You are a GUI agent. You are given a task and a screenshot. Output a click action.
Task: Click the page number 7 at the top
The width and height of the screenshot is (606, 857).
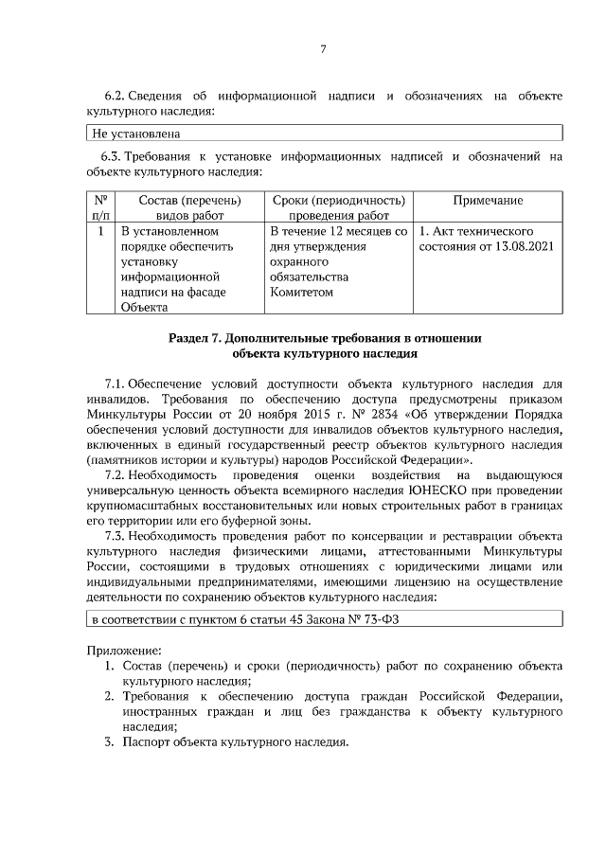tap(322, 49)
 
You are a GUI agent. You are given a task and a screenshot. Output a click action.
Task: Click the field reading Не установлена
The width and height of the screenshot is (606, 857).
tap(128, 134)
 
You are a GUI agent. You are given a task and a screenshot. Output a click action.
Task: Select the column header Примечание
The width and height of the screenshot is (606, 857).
tap(488, 201)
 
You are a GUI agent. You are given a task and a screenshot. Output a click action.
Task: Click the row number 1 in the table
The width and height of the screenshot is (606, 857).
tap(100, 231)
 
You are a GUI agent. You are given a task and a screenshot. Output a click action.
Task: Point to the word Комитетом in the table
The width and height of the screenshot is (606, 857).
tap(301, 293)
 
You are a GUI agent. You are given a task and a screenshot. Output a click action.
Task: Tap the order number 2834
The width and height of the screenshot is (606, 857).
tap(378, 413)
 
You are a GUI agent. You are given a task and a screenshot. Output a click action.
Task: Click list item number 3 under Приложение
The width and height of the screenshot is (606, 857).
tap(109, 742)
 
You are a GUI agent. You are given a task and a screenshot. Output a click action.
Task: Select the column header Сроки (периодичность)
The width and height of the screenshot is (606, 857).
tap(339, 201)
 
